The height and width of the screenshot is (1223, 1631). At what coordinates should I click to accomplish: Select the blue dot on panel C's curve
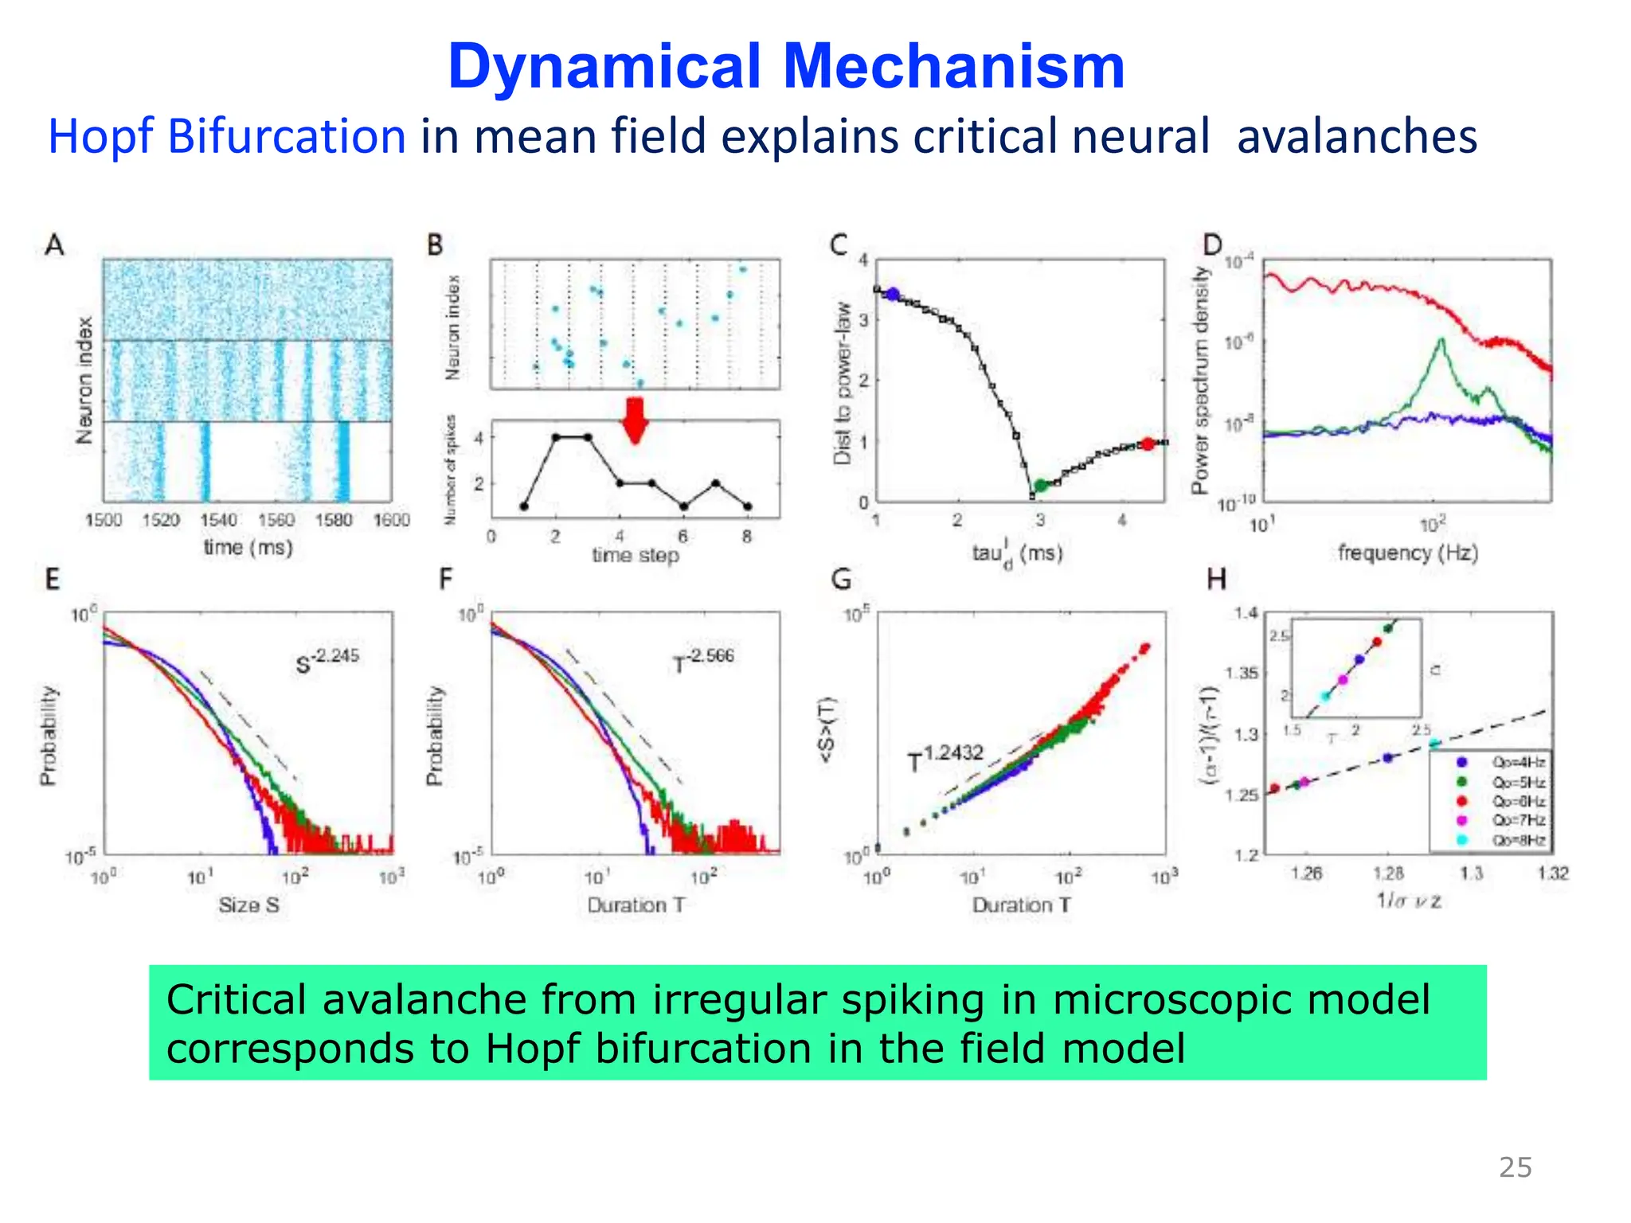coord(893,295)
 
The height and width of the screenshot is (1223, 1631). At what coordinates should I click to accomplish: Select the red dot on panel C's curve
coord(1148,444)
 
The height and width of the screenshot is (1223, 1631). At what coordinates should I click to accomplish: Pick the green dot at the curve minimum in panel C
coord(1040,486)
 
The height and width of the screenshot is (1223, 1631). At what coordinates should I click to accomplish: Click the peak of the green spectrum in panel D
coord(1441,341)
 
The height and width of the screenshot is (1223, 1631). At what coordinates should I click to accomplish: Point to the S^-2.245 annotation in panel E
coord(327,660)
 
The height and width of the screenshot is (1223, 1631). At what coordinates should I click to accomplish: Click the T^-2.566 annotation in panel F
coord(703,659)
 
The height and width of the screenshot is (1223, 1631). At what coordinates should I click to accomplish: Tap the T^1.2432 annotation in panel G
coord(946,757)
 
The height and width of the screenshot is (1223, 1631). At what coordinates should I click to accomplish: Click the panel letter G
coord(841,579)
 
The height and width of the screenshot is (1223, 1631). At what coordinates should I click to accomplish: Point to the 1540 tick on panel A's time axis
coord(218,520)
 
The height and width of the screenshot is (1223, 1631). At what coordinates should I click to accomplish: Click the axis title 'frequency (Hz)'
coord(1407,553)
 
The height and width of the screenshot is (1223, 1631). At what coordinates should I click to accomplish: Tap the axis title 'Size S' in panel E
coord(248,905)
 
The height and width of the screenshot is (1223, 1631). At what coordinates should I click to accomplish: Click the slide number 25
coord(1515,1167)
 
